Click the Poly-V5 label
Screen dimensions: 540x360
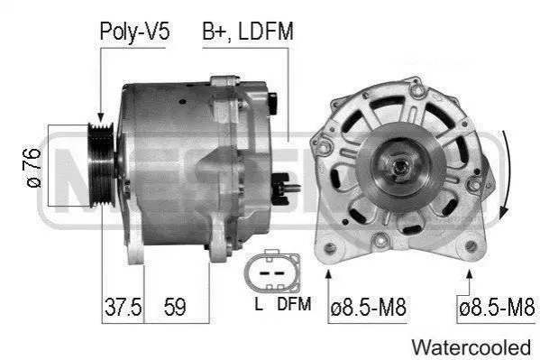[134, 32]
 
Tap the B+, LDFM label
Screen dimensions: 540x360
[248, 32]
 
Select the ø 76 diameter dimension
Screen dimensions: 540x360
[33, 168]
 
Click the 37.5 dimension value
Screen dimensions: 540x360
[123, 307]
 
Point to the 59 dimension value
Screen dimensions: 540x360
[175, 307]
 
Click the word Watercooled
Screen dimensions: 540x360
[471, 347]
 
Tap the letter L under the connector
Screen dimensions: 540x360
[259, 304]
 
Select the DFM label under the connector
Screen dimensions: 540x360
[294, 304]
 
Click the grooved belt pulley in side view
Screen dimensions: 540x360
[101, 165]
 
